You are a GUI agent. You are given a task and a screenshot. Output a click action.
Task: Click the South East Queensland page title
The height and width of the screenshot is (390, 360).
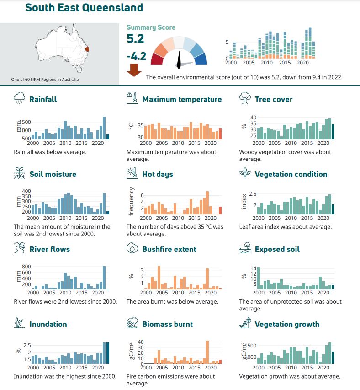[84, 8]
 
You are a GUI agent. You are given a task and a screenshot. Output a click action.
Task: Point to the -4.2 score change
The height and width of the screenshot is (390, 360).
[136, 56]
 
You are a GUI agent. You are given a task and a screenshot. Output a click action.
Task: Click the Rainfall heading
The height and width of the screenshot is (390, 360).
[43, 99]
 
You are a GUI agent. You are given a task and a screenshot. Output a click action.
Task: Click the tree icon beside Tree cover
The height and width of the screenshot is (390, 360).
[245, 97]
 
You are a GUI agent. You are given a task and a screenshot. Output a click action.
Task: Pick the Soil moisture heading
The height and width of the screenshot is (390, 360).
[53, 174]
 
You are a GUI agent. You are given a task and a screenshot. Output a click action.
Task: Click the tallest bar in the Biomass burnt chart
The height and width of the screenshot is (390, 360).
[207, 352]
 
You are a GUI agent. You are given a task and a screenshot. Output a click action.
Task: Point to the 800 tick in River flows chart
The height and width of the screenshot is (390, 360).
[26, 267]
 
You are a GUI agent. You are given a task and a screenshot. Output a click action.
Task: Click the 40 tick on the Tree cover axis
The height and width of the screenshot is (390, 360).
[253, 118]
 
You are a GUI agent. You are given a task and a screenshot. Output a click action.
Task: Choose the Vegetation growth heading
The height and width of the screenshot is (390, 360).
[287, 324]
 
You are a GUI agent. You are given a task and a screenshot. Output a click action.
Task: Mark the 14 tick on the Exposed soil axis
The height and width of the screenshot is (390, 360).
[254, 268]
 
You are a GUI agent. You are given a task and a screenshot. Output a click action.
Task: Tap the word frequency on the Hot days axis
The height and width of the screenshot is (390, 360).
[131, 201]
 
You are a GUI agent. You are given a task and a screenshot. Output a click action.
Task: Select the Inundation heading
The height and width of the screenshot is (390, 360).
[48, 324]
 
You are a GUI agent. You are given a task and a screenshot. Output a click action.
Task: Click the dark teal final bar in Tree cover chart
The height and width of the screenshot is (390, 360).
[333, 131]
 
